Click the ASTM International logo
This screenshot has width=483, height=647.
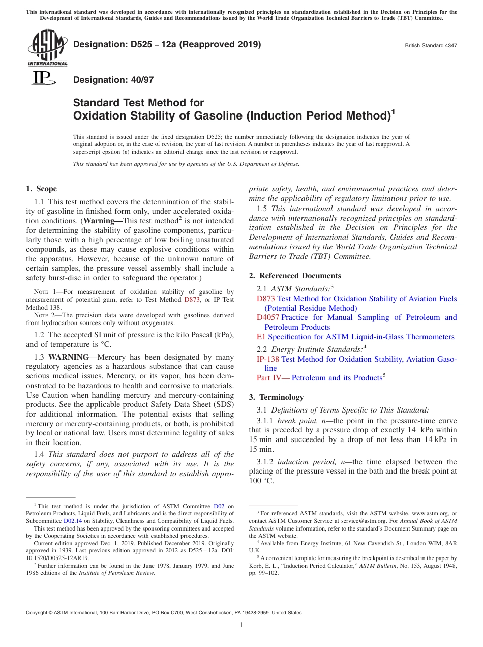tap(47, 48)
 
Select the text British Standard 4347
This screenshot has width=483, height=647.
tap(430, 45)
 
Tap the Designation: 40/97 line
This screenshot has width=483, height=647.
tap(113, 80)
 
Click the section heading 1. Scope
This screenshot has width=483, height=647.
tap(41, 189)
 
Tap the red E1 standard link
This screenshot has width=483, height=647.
tap(261, 337)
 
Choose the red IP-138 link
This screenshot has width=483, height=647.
tap(267, 359)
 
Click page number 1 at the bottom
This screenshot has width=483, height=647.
tap(242, 625)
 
